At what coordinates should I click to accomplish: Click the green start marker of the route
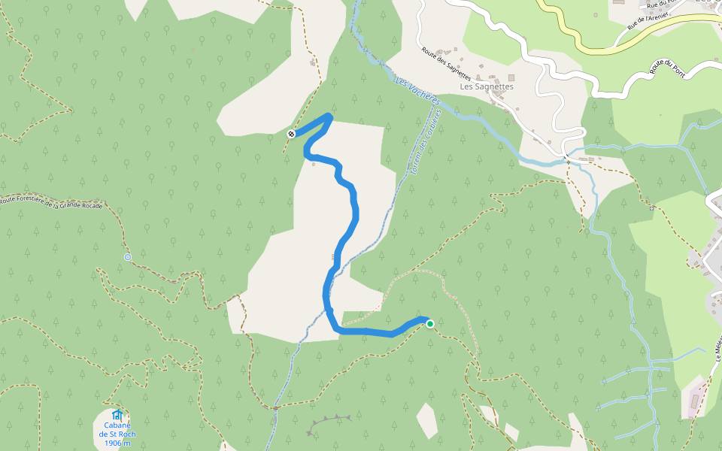click(430, 324)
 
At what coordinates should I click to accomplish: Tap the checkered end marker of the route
click(291, 134)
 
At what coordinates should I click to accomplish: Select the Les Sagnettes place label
click(487, 86)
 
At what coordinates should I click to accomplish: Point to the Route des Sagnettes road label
click(446, 64)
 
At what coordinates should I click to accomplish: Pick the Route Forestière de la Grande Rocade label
click(51, 203)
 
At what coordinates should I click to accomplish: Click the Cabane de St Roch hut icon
click(117, 415)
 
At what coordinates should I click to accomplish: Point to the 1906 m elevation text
click(117, 443)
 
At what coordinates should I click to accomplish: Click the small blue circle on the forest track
click(127, 257)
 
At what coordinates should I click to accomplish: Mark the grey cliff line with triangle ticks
click(331, 421)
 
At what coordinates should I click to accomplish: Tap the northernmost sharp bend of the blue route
click(329, 116)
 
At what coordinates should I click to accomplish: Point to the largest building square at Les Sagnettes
click(511, 77)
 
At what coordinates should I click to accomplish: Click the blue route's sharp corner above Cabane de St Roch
click(336, 328)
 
